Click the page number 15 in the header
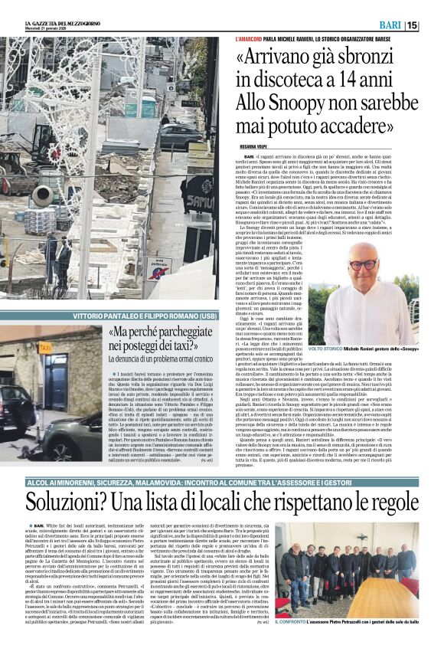click(432, 25)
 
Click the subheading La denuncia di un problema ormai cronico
click(155, 359)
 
